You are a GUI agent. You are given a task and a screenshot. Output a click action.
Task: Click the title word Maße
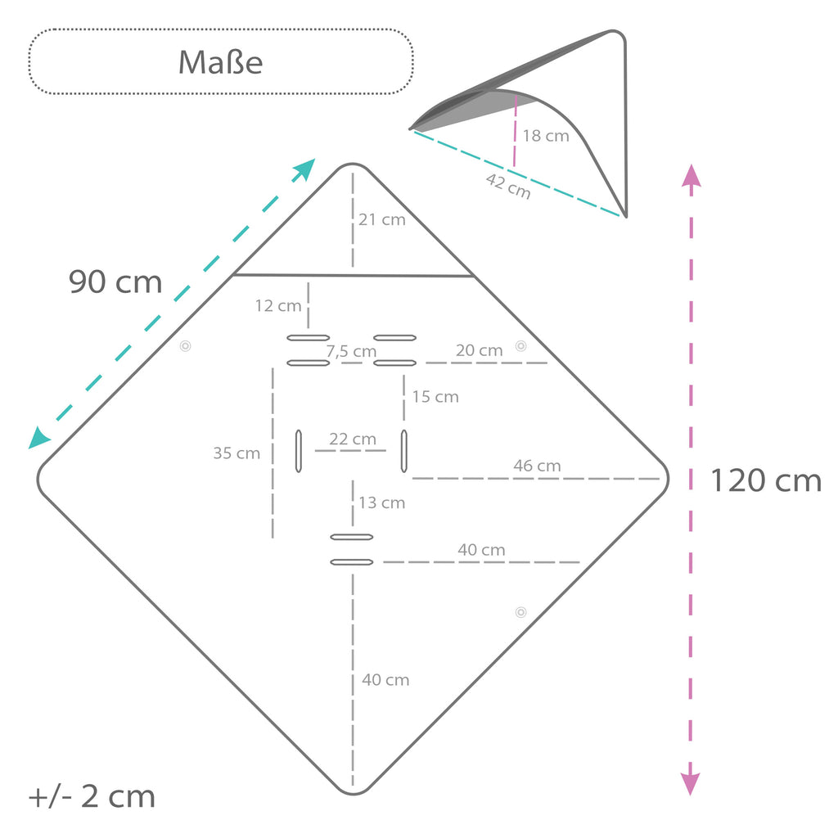tap(220, 62)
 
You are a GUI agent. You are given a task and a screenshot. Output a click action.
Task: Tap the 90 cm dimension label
tap(115, 282)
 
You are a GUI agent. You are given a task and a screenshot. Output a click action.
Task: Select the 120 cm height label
tap(766, 480)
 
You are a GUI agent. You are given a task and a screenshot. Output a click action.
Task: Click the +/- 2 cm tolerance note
tap(92, 797)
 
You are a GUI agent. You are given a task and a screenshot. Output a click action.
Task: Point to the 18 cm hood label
tap(546, 136)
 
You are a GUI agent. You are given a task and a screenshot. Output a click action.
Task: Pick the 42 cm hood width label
tap(508, 187)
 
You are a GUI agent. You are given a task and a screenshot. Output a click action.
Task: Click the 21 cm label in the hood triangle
tap(381, 219)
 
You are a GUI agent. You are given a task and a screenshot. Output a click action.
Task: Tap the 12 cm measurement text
tap(278, 306)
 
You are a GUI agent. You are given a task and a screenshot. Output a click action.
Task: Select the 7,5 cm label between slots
tap(351, 351)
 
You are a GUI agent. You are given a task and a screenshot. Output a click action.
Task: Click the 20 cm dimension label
tap(480, 350)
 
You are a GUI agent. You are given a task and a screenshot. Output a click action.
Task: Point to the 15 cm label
tap(435, 397)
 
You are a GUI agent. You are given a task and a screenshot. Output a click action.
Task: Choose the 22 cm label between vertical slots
tap(353, 439)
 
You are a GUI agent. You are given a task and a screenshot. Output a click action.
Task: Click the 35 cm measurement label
tap(237, 453)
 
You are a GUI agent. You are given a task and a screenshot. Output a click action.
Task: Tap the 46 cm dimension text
tap(537, 466)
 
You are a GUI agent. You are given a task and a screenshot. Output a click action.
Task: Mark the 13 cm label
tap(381, 503)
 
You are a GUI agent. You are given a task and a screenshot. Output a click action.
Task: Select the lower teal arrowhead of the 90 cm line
tap(38, 438)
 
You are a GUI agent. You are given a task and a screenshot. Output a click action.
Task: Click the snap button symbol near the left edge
tap(186, 346)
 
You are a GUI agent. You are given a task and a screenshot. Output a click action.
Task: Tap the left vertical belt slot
tap(299, 451)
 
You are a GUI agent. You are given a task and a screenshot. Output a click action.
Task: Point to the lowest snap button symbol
tap(521, 612)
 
